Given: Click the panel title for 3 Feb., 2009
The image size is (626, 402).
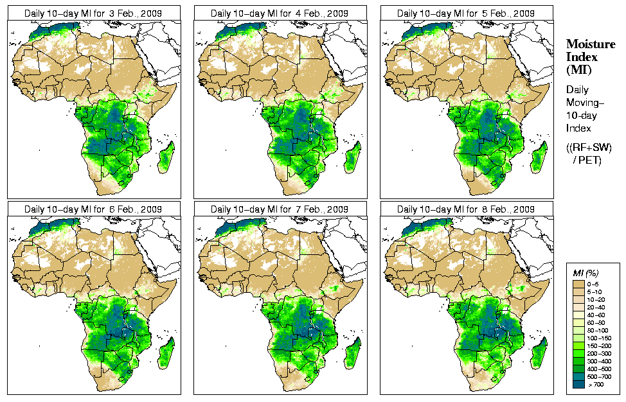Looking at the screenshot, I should tap(93, 13).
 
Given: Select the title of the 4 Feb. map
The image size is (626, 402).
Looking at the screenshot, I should tap(280, 13).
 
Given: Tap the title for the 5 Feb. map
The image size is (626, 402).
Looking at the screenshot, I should tap(466, 13).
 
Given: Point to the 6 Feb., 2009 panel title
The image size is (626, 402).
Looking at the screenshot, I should tap(93, 209).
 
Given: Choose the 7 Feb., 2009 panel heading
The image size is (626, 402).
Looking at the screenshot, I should tap(280, 209).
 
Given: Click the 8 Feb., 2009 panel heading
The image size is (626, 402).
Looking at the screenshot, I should tap(466, 209).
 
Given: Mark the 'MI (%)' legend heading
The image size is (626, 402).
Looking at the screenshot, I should tap(586, 274).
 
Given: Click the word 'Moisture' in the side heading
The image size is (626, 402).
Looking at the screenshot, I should tap(586, 44).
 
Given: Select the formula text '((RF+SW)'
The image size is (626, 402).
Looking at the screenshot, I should tap(589, 148).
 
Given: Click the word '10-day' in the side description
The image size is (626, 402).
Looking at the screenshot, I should tap(582, 116).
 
